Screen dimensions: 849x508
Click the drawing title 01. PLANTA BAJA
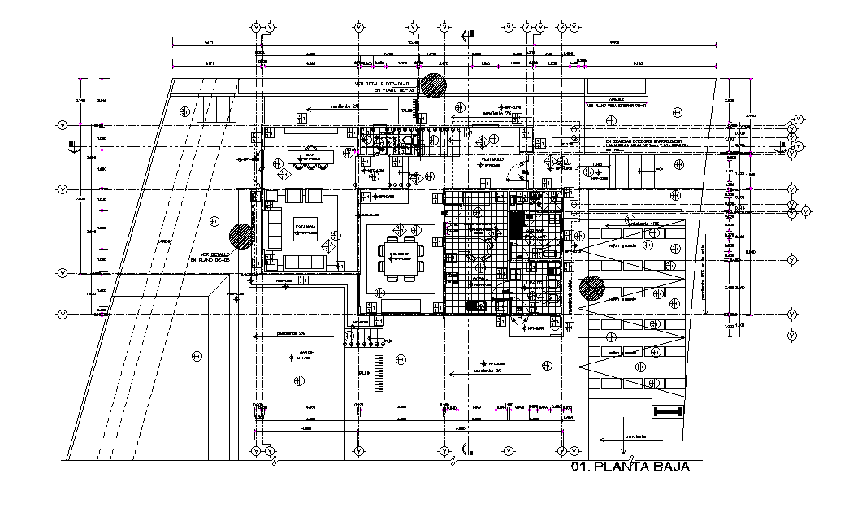(x=630, y=467)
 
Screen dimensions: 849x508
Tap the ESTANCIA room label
(x=305, y=227)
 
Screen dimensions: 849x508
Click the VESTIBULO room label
(x=492, y=158)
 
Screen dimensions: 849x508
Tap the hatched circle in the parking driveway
(x=593, y=288)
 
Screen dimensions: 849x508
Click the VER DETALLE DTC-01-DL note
(x=384, y=84)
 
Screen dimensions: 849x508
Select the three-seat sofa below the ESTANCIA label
(x=305, y=262)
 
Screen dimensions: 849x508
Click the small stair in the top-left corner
(x=215, y=107)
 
